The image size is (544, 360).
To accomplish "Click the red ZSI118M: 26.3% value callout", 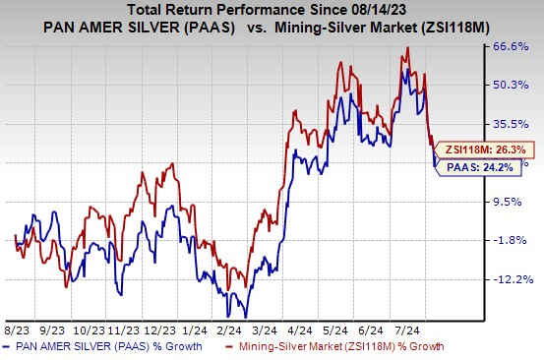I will click(485, 150).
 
